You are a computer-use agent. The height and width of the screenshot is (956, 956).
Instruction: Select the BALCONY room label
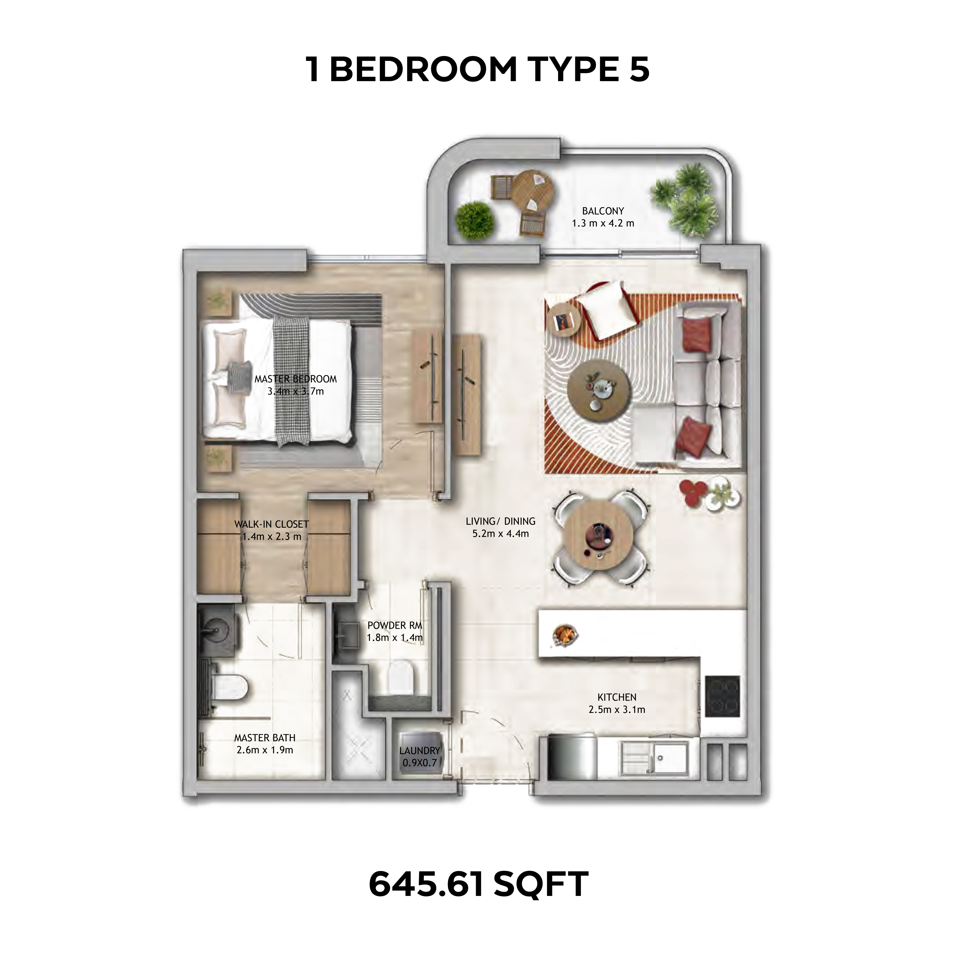click(603, 211)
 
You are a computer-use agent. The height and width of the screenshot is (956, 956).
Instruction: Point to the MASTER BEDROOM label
click(296, 379)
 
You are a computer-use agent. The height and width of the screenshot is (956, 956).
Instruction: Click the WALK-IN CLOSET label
click(272, 524)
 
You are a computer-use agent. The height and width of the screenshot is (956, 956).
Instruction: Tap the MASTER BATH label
click(265, 738)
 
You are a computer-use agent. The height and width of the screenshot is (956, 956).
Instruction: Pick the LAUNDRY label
click(420, 751)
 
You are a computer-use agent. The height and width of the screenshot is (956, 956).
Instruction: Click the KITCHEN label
click(616, 697)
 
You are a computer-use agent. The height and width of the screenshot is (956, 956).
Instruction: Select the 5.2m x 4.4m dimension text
click(501, 534)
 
